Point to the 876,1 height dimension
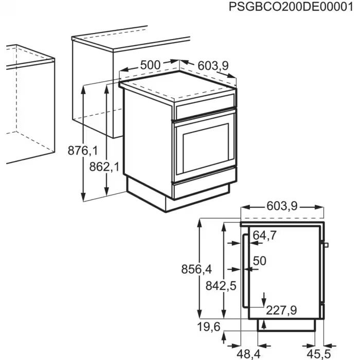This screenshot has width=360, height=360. coord(82,151)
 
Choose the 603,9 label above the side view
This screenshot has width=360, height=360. coord(282,206)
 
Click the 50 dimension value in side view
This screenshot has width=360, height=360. coord(260,261)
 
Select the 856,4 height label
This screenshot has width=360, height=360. coord(196,269)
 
